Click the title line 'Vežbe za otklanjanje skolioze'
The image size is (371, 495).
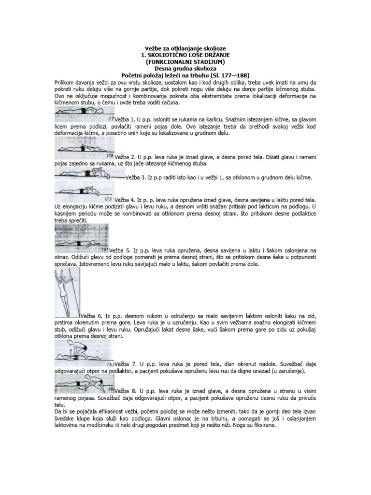(x=185, y=49)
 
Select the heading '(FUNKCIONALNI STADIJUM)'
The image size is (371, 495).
(x=185, y=62)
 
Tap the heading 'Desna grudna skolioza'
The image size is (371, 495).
(x=185, y=69)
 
